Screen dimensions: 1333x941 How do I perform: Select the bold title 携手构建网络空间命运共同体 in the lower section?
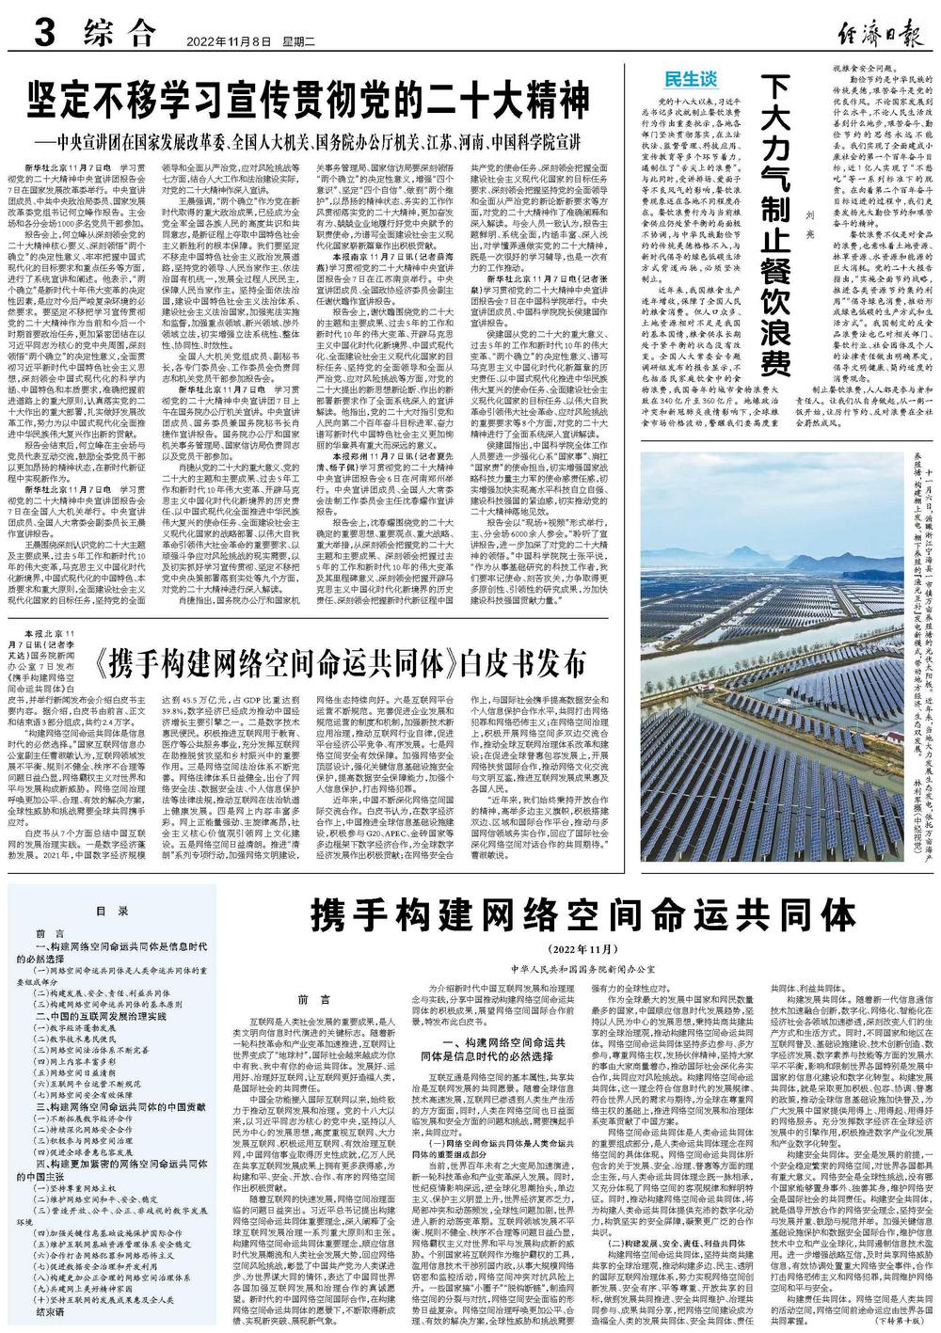[x=585, y=914]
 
